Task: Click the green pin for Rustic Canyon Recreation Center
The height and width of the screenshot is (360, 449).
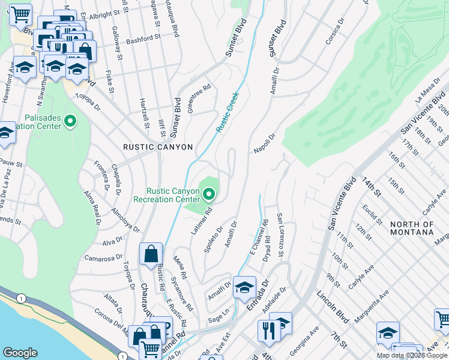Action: pyautogui.click(x=209, y=194)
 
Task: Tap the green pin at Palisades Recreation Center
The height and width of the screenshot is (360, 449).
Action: pyautogui.click(x=70, y=122)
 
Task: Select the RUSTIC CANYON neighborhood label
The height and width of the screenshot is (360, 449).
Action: pyautogui.click(x=158, y=147)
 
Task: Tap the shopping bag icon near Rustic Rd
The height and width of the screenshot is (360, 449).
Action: pyautogui.click(x=151, y=254)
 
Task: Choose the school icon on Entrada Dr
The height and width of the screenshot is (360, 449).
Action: pyautogui.click(x=244, y=287)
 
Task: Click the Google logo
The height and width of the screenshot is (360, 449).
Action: pyautogui.click(x=20, y=353)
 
